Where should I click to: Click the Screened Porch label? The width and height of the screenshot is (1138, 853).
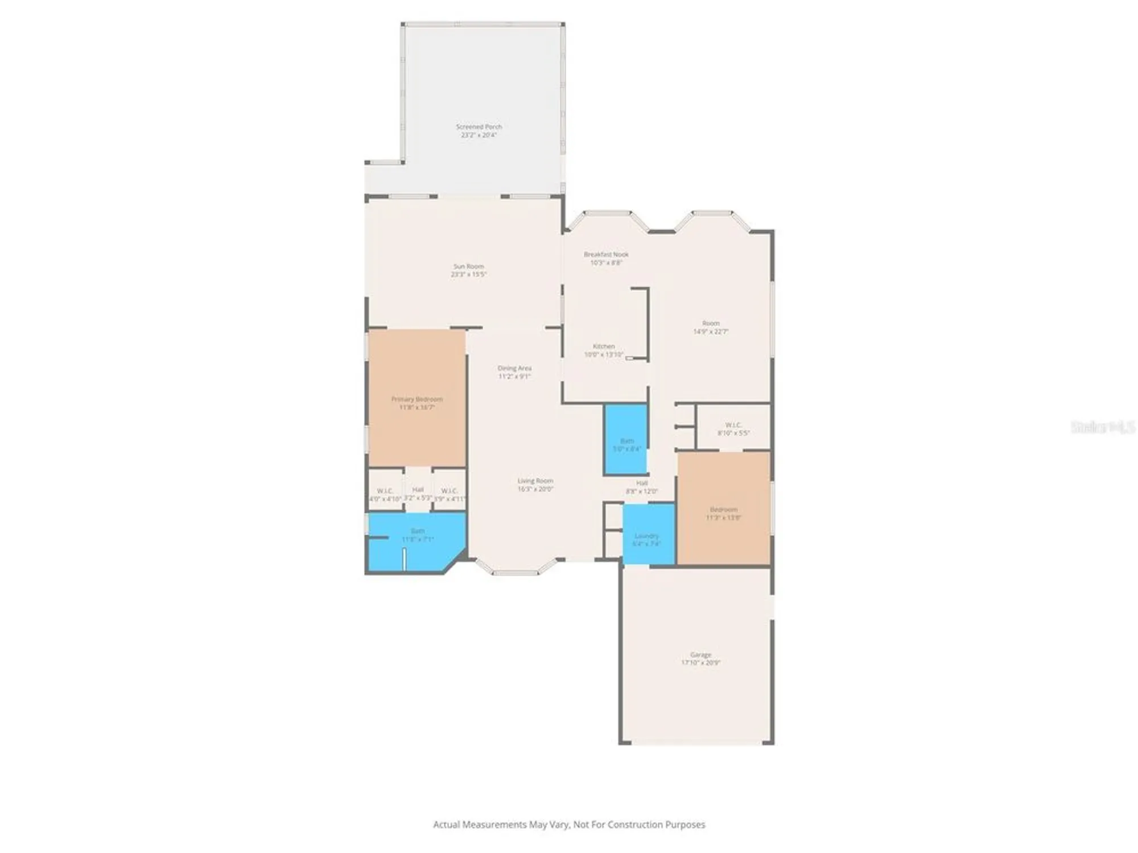[479, 127]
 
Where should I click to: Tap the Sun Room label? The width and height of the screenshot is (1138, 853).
[468, 266]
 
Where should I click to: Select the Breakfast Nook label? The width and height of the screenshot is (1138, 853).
[606, 254]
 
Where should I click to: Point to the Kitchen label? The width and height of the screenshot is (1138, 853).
[604, 346]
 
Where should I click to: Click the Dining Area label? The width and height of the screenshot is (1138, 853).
[514, 368]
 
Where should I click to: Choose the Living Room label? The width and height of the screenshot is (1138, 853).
[535, 481]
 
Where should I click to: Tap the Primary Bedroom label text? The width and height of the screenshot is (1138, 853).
[417, 399]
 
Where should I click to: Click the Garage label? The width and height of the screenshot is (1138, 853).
[700, 655]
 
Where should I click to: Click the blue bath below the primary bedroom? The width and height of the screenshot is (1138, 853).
[417, 540]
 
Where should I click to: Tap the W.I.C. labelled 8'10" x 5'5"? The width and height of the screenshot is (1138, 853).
[733, 429]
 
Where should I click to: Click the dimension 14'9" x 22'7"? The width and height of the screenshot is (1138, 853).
[711, 332]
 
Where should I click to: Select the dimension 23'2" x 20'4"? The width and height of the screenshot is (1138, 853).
[479, 135]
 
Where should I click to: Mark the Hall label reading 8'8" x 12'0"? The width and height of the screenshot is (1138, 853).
[641, 487]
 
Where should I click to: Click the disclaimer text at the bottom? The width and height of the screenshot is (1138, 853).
[569, 825]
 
